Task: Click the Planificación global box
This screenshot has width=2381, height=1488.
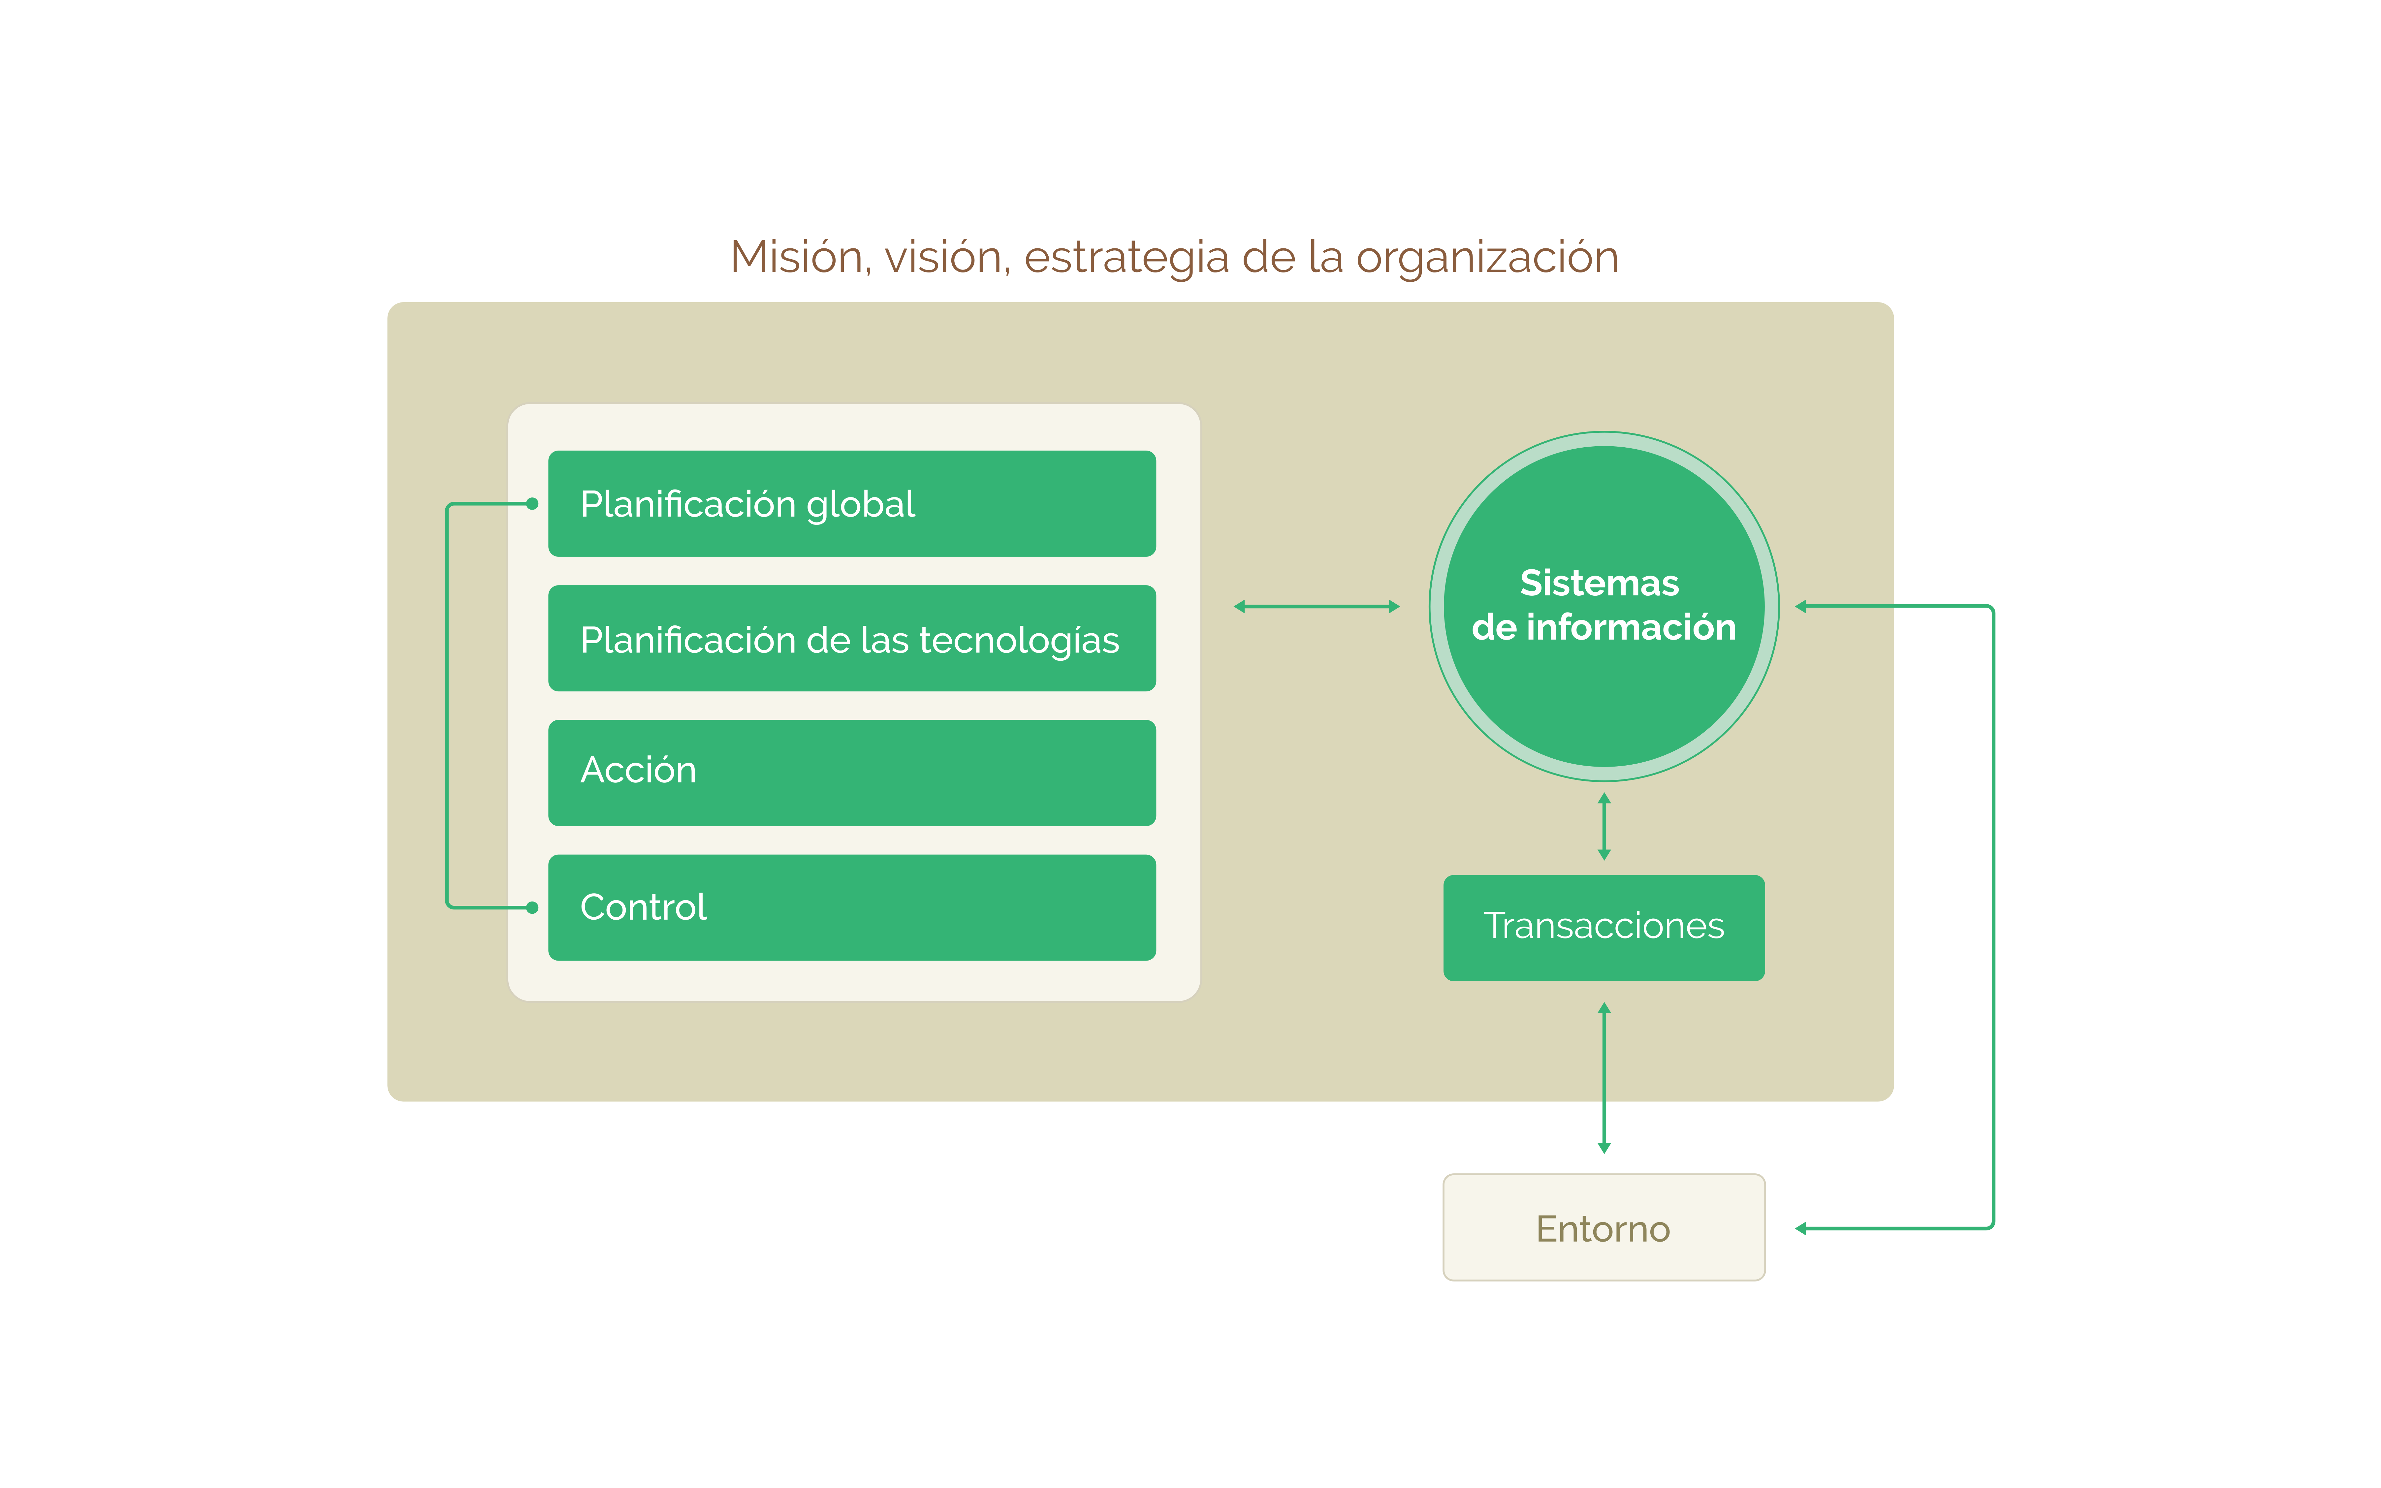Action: (851, 504)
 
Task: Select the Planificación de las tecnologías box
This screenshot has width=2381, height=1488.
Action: (851, 639)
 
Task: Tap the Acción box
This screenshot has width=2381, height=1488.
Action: (851, 773)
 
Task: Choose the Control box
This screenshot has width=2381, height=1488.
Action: (851, 907)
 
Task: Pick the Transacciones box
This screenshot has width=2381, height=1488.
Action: (1604, 927)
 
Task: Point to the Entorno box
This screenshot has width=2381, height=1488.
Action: (1604, 1227)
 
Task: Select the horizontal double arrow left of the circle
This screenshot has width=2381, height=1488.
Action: (1317, 606)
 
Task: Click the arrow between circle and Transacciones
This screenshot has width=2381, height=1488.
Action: (1604, 827)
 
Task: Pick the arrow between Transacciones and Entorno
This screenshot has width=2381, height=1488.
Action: (1604, 1078)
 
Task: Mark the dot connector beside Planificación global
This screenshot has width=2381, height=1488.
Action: (532, 504)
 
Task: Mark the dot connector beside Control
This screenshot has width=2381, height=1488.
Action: (532, 907)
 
